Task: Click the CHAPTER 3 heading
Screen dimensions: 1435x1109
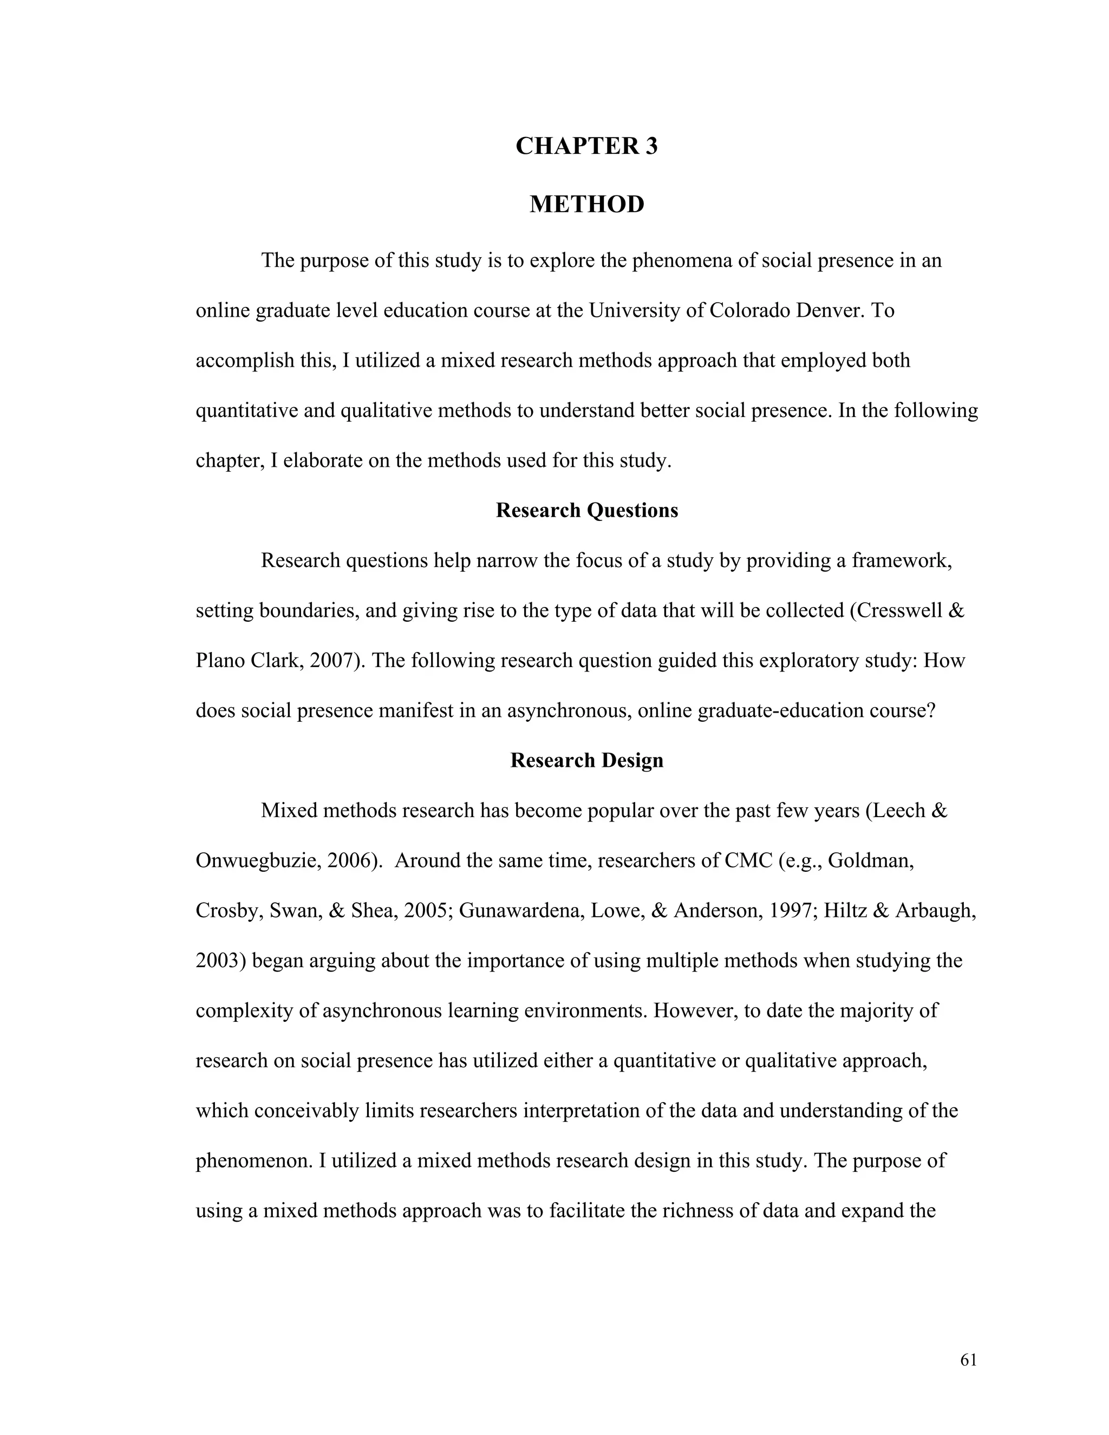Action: coord(586,146)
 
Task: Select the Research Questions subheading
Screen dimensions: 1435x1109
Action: coord(586,511)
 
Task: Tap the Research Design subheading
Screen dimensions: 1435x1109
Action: coord(586,760)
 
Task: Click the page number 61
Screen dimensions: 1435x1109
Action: coord(968,1360)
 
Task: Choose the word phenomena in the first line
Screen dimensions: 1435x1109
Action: coord(681,261)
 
